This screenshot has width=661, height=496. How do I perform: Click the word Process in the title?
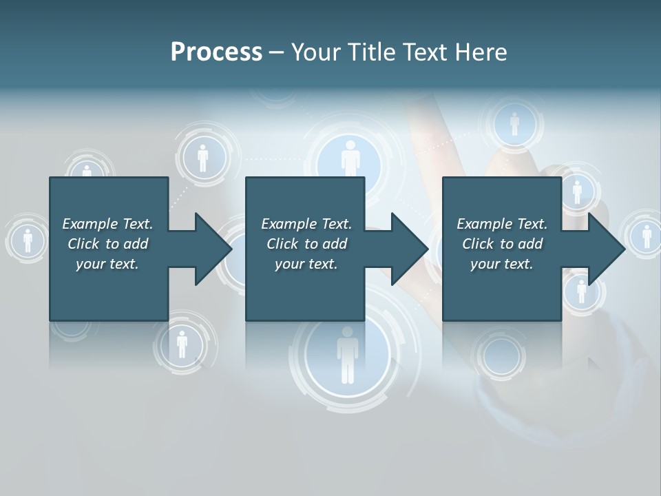pyautogui.click(x=216, y=52)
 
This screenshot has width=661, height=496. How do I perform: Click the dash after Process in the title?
pyautogui.click(x=277, y=53)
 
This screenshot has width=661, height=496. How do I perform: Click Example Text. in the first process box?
pyautogui.click(x=107, y=224)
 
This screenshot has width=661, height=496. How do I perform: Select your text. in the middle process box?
pyautogui.click(x=306, y=264)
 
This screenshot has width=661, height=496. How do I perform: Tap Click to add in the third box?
pyautogui.click(x=502, y=244)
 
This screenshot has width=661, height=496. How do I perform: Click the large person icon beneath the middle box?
pyautogui.click(x=348, y=355)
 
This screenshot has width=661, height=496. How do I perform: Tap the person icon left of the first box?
pyautogui.click(x=28, y=240)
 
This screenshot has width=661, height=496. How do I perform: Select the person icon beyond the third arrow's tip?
pyautogui.click(x=647, y=236)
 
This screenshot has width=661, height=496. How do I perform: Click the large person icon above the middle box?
pyautogui.click(x=350, y=159)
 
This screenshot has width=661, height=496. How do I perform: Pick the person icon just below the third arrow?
pyautogui.click(x=581, y=291)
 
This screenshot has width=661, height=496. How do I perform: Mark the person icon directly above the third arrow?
pyautogui.click(x=577, y=189)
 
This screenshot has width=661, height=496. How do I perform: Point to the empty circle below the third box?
pyautogui.click(x=501, y=355)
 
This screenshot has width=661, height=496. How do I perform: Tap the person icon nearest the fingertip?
pyautogui.click(x=514, y=124)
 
